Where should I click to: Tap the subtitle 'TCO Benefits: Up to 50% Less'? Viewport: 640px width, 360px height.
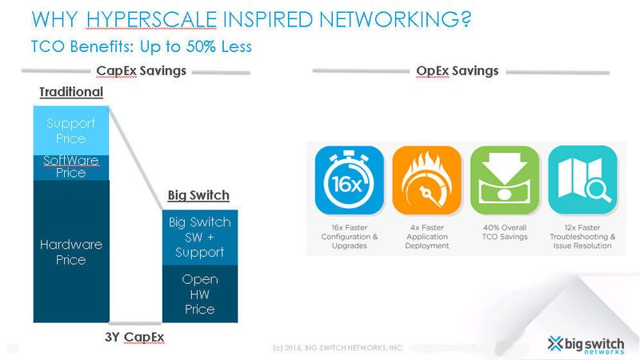coord(142,46)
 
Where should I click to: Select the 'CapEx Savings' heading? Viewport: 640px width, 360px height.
coord(141,71)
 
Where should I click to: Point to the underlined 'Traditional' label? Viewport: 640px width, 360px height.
coord(71,92)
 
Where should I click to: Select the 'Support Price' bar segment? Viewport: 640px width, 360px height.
coord(70,130)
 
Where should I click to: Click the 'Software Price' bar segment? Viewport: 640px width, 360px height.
coord(70,166)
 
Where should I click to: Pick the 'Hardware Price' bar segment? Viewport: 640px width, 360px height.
coord(70,252)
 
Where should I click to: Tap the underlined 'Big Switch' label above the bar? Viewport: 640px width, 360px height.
coord(198,195)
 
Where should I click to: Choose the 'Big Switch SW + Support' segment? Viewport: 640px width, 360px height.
coord(199,238)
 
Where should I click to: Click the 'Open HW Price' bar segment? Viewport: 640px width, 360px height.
coord(199,294)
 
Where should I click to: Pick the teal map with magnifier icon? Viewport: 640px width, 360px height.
coord(582,180)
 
